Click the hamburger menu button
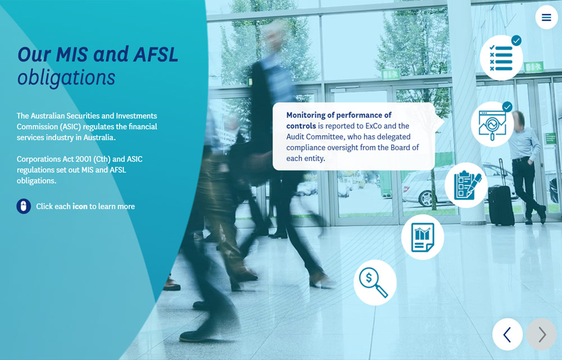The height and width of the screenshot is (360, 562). click(546, 17)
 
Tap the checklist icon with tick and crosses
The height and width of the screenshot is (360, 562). click(501, 58)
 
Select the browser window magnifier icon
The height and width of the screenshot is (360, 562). click(492, 124)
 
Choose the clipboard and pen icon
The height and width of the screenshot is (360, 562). click(466, 185)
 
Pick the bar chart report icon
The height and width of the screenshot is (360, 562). click(423, 237)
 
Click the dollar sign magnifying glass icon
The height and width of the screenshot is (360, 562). click(375, 282)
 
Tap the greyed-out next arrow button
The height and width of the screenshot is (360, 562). click(541, 334)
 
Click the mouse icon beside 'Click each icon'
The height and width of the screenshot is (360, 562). click(24, 206)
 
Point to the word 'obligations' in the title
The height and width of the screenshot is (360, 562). click(66, 78)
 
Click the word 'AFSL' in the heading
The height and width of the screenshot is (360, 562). click(156, 55)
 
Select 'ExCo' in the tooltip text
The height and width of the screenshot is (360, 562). click(374, 126)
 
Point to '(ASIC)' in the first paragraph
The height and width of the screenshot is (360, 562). click(70, 127)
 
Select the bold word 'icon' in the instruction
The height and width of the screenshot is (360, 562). click(80, 206)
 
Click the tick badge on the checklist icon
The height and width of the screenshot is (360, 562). click(516, 40)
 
